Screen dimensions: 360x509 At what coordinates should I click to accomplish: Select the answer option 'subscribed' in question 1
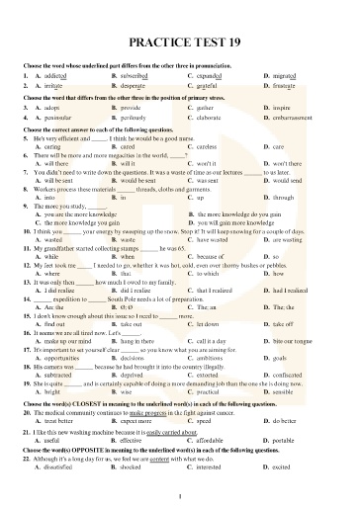click(135, 75)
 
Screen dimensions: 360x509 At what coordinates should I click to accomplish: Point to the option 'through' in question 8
click(284, 198)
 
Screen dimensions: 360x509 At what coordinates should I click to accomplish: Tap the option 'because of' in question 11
click(212, 256)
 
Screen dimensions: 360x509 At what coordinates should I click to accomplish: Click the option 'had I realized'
click(294, 292)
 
